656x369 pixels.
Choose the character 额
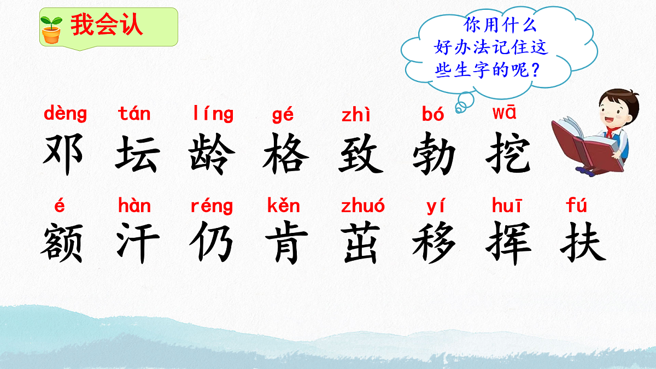click(x=62, y=243)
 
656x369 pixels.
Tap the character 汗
click(x=137, y=243)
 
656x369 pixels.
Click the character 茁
click(x=360, y=243)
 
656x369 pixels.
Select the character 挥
click(x=508, y=243)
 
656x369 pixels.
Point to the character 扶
click(x=582, y=243)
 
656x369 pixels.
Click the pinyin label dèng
click(x=65, y=114)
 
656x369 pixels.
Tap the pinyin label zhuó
click(x=362, y=206)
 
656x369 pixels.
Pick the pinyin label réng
click(x=212, y=207)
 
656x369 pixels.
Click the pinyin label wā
click(x=504, y=113)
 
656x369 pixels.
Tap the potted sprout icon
click(x=52, y=29)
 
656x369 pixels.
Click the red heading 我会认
click(x=107, y=26)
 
